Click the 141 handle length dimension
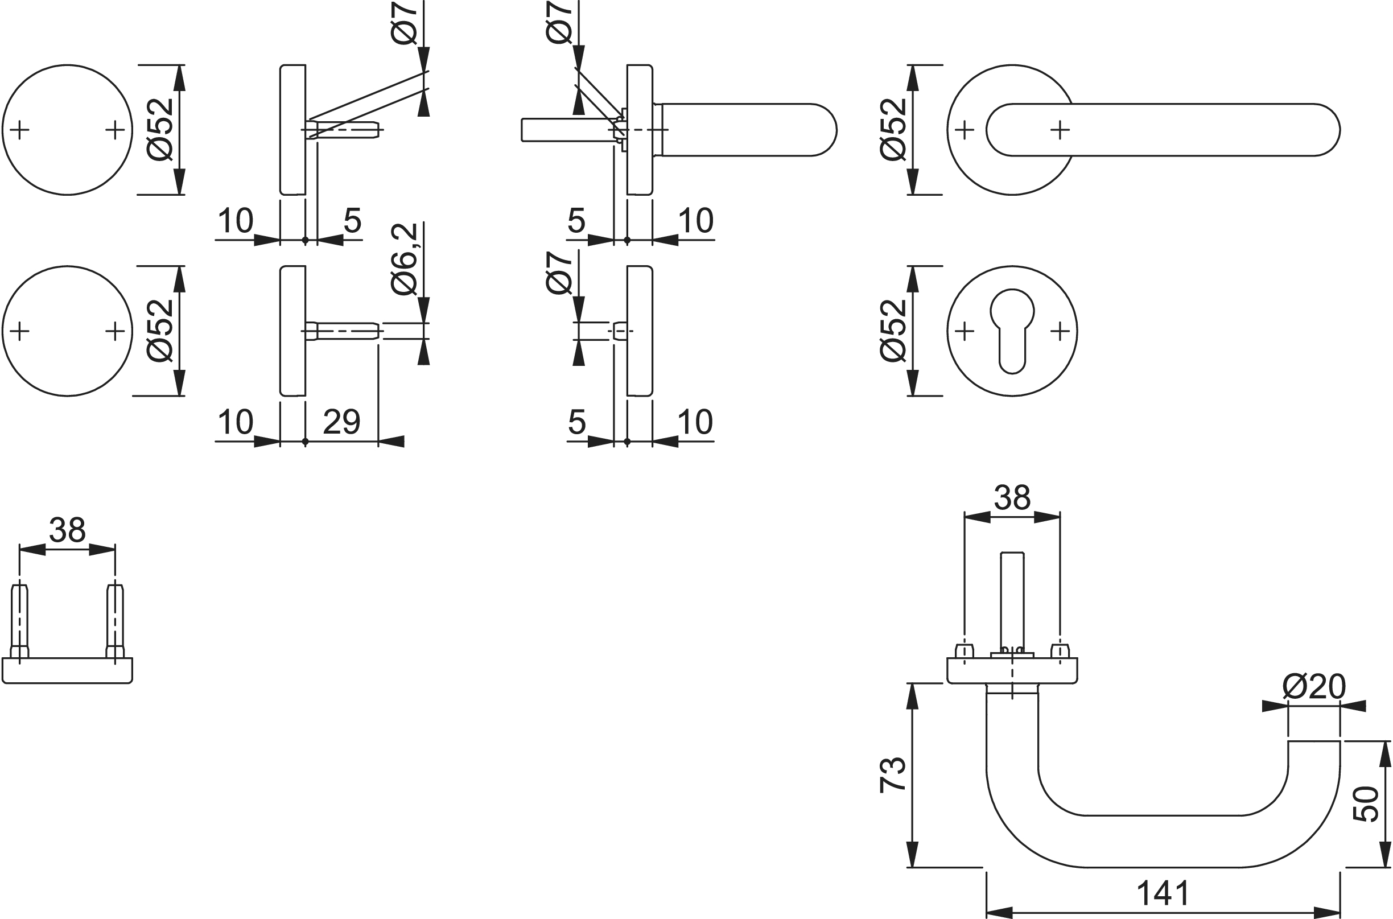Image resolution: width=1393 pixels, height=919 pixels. point(1163,893)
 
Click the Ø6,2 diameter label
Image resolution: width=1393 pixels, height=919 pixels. point(405,258)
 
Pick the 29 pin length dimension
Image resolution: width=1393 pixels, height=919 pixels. point(341,422)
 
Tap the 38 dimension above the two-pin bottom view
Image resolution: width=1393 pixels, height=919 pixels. point(67,530)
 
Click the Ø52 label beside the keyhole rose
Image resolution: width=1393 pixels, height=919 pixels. point(893,331)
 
